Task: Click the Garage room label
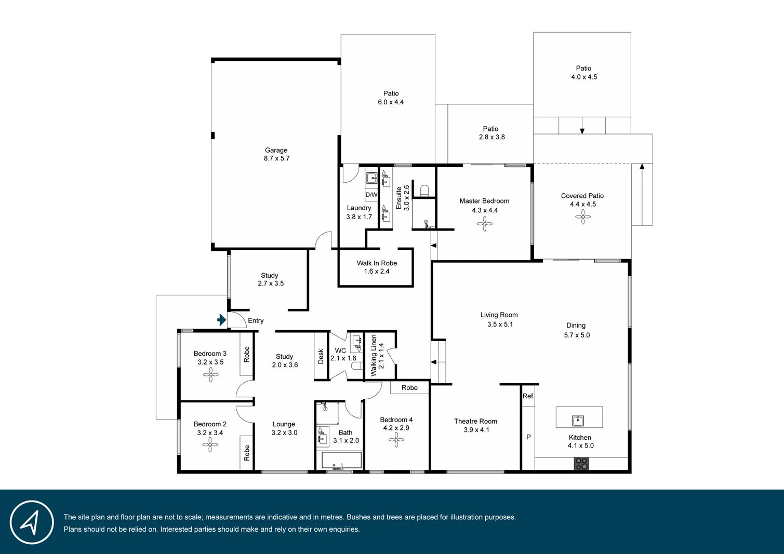point(276,150)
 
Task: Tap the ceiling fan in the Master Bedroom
point(484,224)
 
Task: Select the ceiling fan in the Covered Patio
point(582,217)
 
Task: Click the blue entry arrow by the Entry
point(222,320)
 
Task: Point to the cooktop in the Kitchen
point(581,464)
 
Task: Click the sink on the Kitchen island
point(577,420)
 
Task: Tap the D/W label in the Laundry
point(371,195)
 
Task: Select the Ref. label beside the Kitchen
point(528,396)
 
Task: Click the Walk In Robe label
point(377,263)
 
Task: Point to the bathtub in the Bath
point(341,460)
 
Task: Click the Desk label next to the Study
point(321,356)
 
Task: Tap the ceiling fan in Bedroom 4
point(396,440)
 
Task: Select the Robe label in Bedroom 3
point(247,354)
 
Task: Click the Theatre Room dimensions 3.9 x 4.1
point(476,430)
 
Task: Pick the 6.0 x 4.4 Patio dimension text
point(391,102)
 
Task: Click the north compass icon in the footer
point(32,522)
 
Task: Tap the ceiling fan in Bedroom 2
point(210,444)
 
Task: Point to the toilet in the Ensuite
point(424,190)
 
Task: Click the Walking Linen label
point(374,356)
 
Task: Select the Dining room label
point(576,326)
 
